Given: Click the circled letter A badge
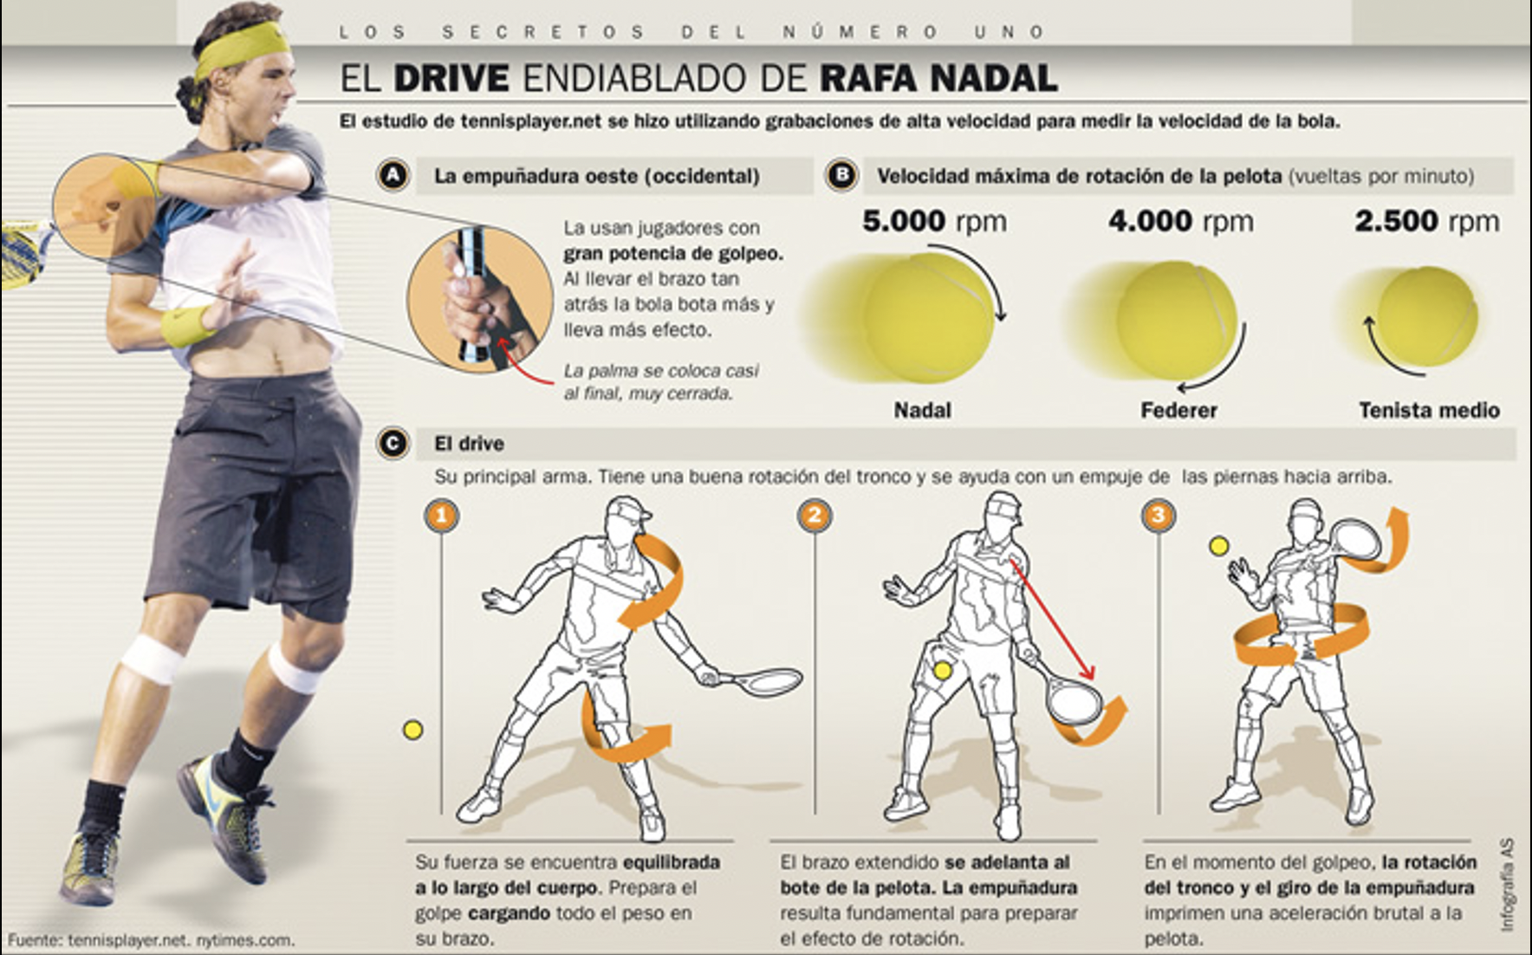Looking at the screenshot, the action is click(x=393, y=176).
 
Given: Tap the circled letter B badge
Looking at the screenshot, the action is click(x=840, y=176).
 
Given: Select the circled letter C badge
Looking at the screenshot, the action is click(x=393, y=444).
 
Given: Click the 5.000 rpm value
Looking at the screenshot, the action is click(x=934, y=221).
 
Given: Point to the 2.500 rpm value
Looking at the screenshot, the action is click(x=1426, y=221).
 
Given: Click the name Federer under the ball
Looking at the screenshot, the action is click(x=1178, y=410).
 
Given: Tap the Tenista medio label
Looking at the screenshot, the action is click(x=1429, y=410).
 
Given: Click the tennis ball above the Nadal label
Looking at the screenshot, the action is click(x=927, y=318).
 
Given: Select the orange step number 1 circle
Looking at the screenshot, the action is click(x=441, y=516).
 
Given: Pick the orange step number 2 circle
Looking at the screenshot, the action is click(x=814, y=516).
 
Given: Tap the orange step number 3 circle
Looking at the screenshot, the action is click(x=1158, y=516).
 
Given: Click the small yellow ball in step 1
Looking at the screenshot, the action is click(x=413, y=730).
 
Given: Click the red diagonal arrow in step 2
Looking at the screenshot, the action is click(x=1053, y=620).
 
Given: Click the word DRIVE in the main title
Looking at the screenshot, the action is click(x=451, y=78).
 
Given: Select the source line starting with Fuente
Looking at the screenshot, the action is click(x=151, y=939).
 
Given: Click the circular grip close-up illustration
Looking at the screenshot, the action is click(x=480, y=299).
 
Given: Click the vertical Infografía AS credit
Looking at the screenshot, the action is click(x=1508, y=884).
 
